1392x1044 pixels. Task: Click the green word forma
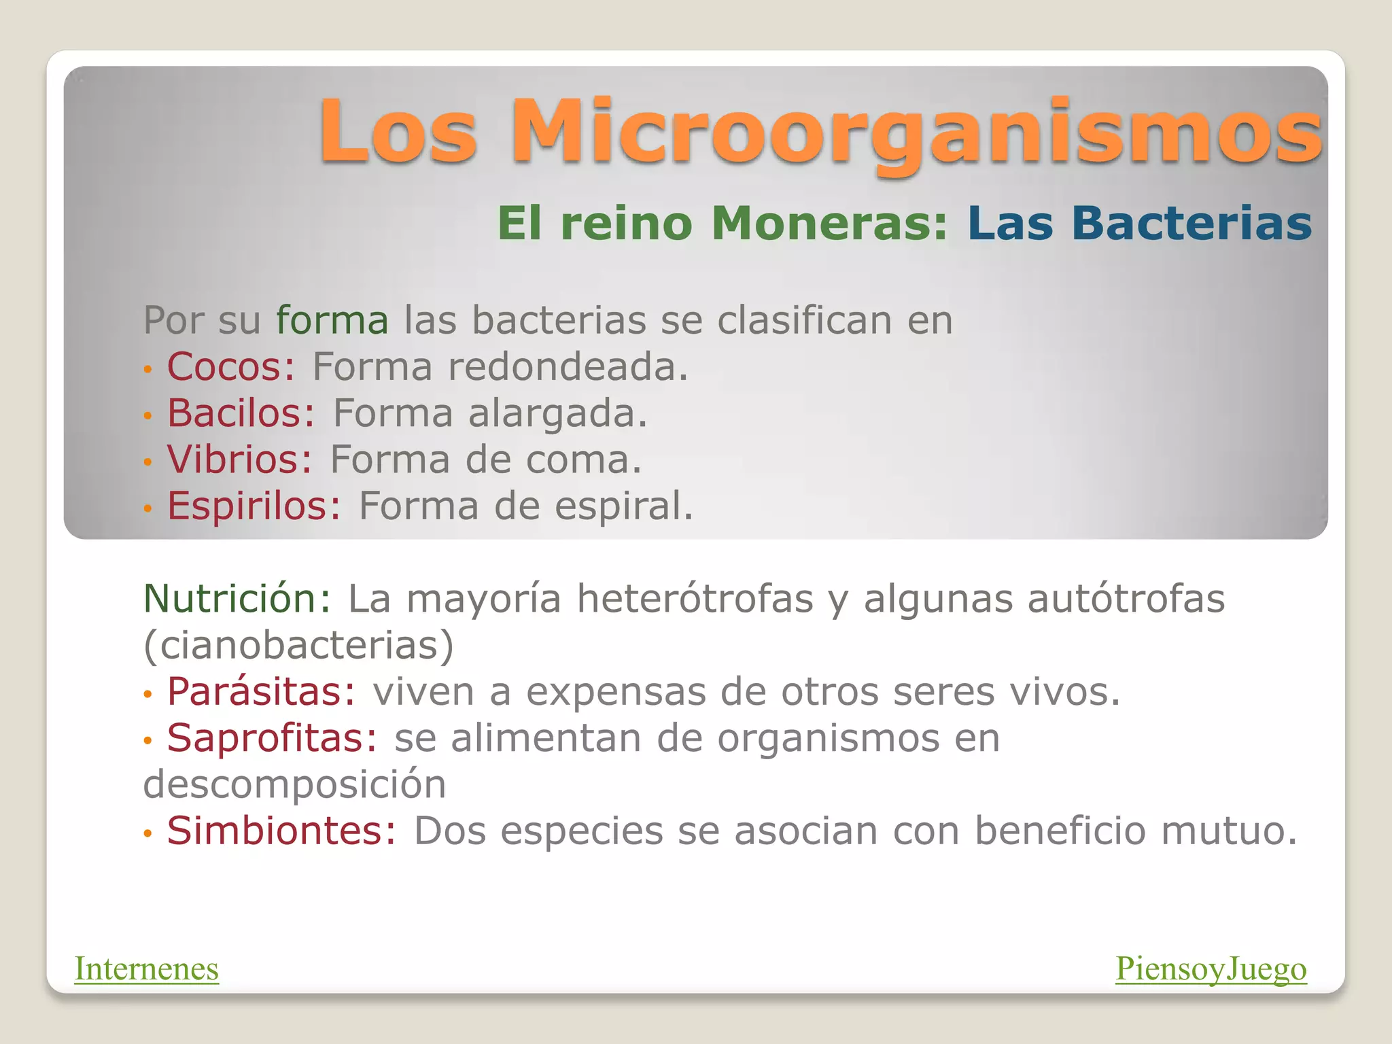pos(332,320)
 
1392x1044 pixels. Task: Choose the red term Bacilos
pos(241,413)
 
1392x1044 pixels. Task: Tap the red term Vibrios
pos(239,459)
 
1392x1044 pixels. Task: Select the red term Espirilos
pos(254,506)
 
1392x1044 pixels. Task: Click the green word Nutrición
pos(237,599)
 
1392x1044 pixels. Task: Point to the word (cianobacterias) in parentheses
pos(298,645)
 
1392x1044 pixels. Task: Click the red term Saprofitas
pos(272,738)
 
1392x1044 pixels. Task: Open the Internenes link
pos(147,969)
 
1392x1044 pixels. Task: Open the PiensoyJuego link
pos(1211,969)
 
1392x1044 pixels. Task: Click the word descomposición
pos(294,784)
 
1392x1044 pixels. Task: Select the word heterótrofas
pos(695,599)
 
